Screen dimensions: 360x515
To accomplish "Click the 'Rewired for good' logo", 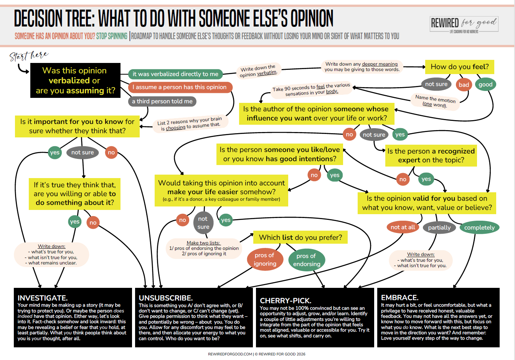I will (x=464, y=24).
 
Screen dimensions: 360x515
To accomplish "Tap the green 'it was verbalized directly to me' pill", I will (x=175, y=74).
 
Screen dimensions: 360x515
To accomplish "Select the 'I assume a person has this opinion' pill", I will (x=180, y=87).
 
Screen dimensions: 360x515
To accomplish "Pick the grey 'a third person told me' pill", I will (x=162, y=101).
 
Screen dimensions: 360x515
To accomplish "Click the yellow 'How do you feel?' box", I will (x=459, y=67).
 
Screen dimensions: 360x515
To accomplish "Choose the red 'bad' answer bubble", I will (x=464, y=85).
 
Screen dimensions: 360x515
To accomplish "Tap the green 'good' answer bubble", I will (x=485, y=84).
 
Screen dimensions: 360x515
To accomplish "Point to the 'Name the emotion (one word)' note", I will (x=435, y=101).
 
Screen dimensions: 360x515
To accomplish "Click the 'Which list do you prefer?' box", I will (x=300, y=237).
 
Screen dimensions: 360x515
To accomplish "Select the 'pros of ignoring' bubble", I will (x=265, y=260).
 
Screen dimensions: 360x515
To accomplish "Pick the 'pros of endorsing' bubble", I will (x=307, y=260).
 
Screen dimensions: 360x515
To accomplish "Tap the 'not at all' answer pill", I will (x=403, y=227).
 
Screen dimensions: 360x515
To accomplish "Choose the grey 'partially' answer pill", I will (x=439, y=228).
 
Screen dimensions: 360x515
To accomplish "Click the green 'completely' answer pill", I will (x=479, y=228).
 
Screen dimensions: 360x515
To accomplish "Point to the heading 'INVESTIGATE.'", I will (x=43, y=298).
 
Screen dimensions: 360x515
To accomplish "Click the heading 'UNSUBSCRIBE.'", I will (x=166, y=298).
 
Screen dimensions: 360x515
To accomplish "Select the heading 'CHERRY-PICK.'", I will (x=286, y=301).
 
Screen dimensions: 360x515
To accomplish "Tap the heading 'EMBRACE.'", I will (x=399, y=297).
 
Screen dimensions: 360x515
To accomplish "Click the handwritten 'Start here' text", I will (x=29, y=56).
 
